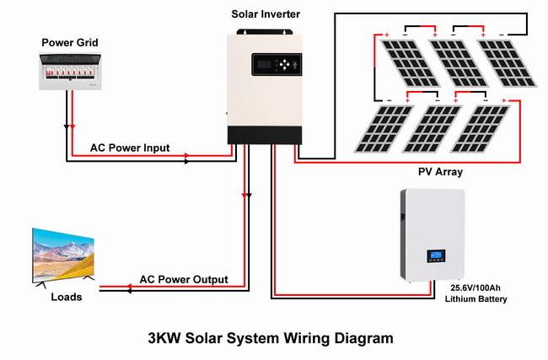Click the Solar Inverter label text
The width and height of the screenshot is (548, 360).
point(265,14)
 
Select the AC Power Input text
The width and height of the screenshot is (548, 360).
point(130,148)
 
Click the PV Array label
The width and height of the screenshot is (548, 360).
point(440,172)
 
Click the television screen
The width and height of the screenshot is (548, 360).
point(63,255)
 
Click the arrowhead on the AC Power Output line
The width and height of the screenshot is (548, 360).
point(129,288)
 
